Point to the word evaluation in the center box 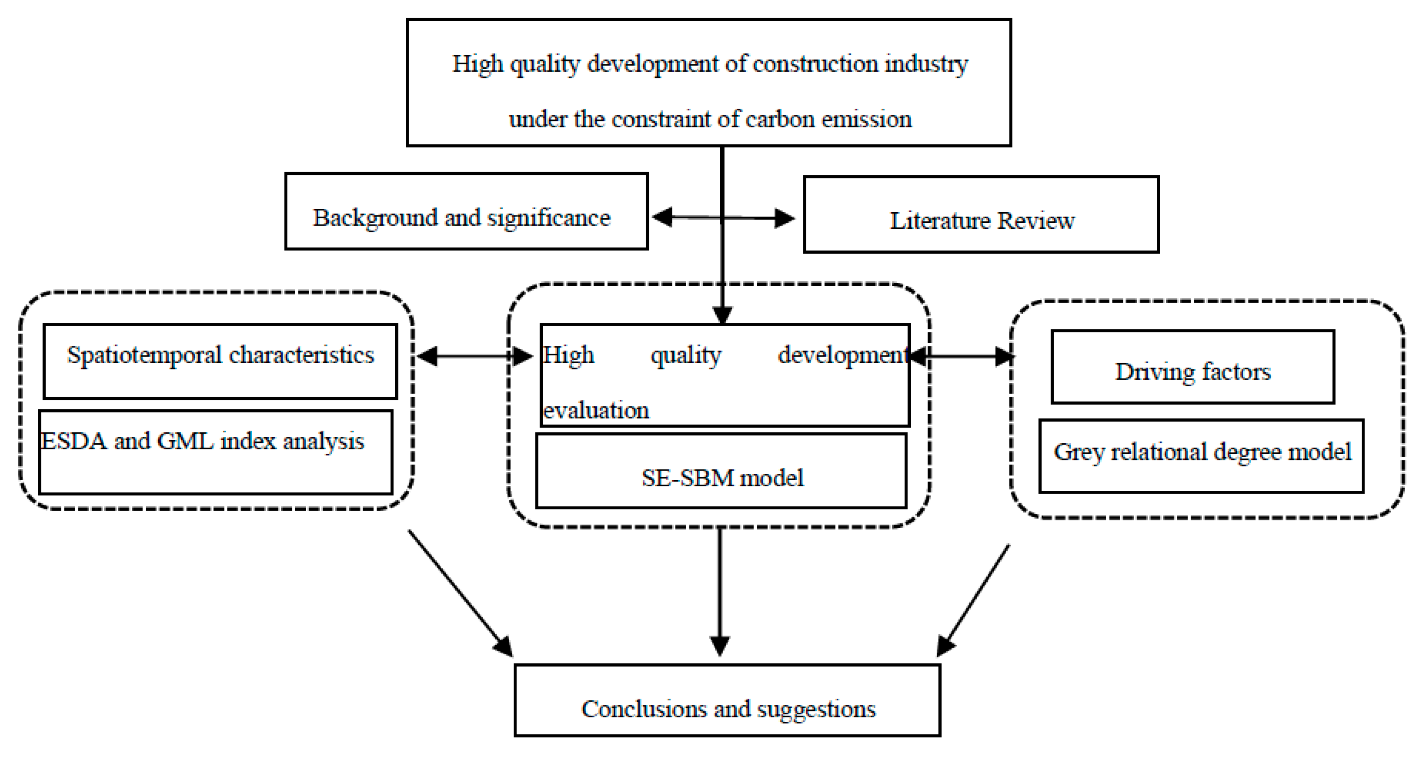596,410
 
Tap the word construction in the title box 815,64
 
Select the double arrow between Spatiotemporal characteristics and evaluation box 474,356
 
